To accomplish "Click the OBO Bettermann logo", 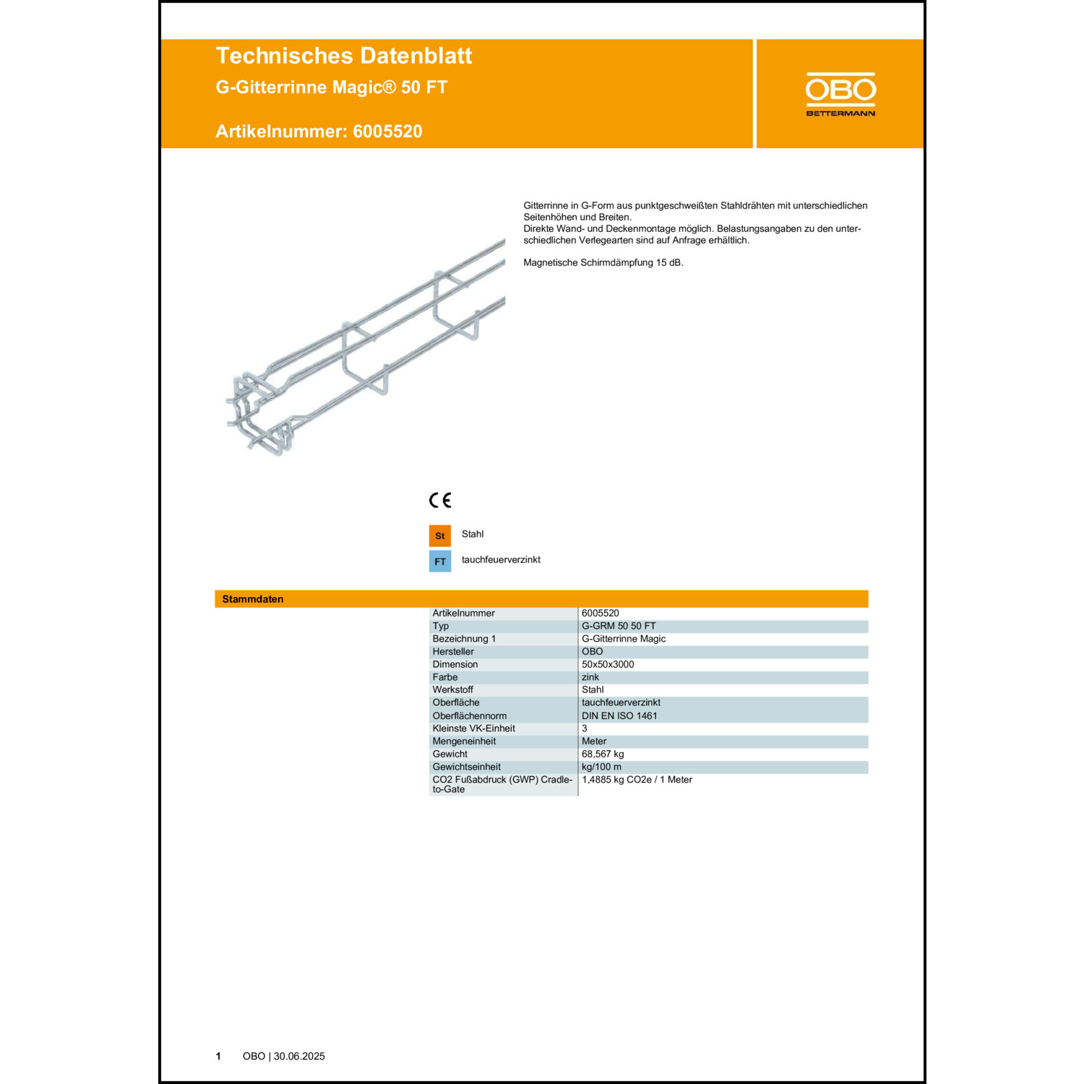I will tap(840, 94).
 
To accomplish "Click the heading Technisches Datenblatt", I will tap(344, 56).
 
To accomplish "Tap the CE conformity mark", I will tap(439, 500).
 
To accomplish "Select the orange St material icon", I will tap(439, 535).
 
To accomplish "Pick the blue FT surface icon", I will tap(439, 562).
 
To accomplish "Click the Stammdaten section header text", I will tap(253, 599).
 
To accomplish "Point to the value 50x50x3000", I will tap(608, 664).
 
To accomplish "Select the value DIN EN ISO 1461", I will tap(619, 715).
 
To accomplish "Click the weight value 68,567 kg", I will tap(603, 754).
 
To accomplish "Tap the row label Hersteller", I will tap(453, 652).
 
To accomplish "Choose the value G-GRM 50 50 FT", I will tap(619, 626).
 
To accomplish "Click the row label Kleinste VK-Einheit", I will tap(473, 728).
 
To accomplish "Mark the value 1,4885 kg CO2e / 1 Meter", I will tap(637, 780).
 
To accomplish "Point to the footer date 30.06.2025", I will tap(299, 1056).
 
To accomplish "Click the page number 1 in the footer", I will tap(218, 1056).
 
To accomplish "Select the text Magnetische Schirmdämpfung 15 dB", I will tap(603, 262).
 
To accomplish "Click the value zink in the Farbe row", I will tap(590, 677).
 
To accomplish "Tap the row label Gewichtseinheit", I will tap(466, 767).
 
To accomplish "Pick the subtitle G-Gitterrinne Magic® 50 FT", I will tap(332, 87).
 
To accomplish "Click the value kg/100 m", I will tap(601, 767).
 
